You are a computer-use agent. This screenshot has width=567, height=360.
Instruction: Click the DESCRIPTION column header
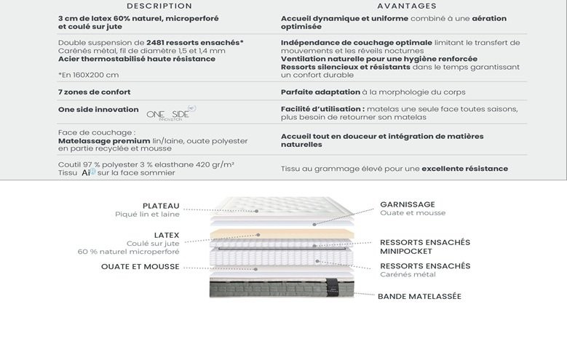(x=148, y=6)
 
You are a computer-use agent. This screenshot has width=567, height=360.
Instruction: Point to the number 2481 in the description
(x=159, y=43)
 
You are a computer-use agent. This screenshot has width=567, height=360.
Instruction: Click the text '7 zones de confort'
(x=95, y=92)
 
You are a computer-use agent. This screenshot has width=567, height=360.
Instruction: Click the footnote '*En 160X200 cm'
(x=88, y=74)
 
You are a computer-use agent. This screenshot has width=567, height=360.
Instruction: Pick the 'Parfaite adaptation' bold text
(x=320, y=92)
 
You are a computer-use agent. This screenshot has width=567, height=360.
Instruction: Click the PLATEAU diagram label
(x=161, y=206)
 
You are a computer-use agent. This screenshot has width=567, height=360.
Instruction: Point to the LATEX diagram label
(x=167, y=236)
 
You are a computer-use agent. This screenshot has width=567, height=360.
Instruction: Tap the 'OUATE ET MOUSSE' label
(x=140, y=267)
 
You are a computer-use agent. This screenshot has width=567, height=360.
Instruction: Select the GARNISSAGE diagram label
(x=408, y=204)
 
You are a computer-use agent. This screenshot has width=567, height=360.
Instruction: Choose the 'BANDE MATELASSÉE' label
(x=419, y=297)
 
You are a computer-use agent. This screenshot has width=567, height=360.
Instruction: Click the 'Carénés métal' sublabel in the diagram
(x=408, y=275)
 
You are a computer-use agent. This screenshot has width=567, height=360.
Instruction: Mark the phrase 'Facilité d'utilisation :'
(x=322, y=108)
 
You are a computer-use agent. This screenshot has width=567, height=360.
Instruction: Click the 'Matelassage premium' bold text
(x=103, y=140)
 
